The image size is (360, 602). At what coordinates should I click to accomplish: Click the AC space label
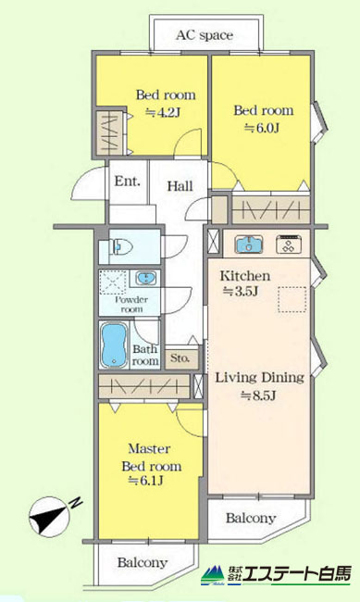pos(205,35)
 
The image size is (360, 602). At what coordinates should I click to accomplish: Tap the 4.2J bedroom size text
pos(163,113)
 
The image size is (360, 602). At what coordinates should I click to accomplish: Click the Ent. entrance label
pos(128,182)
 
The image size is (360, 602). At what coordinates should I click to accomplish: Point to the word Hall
pos(180,186)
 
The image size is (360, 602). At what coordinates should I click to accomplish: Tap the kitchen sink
pos(249,245)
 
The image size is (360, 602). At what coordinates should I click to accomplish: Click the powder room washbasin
pos(146,278)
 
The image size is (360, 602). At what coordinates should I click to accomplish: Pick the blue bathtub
pos(115,345)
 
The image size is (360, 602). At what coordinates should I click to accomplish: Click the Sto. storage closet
pos(180,359)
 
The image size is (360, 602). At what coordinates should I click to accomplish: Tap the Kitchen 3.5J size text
pos(241,292)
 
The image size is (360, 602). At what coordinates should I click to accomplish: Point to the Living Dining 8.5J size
pos(258,395)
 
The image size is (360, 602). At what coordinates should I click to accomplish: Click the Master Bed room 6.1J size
pos(146,481)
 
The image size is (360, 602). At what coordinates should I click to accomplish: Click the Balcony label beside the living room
pos(251,518)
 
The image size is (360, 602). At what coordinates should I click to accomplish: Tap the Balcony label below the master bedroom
pos(143,563)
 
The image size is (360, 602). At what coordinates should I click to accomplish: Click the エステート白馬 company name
pos(298,575)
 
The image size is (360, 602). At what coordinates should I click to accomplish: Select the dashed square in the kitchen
pos(292,299)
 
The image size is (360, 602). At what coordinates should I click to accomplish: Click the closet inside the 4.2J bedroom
pos(110,132)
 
